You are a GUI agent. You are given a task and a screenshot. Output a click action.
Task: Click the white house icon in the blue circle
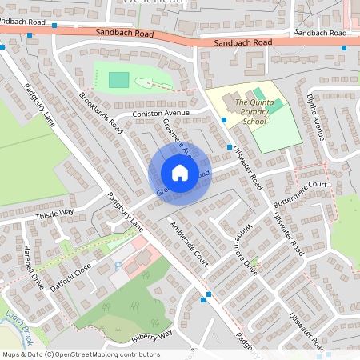pyautogui.click(x=179, y=173)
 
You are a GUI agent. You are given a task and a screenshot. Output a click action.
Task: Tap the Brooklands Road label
pyautogui.click(x=101, y=111)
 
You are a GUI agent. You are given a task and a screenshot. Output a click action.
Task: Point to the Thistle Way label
pyautogui.click(x=54, y=213)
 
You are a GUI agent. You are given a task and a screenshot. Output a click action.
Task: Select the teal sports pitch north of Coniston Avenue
pyautogui.click(x=118, y=79)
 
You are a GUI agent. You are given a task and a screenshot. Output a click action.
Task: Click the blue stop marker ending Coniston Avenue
pyautogui.click(x=223, y=120)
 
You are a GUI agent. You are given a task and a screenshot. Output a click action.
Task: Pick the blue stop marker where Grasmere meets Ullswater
pyautogui.click(x=230, y=147)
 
